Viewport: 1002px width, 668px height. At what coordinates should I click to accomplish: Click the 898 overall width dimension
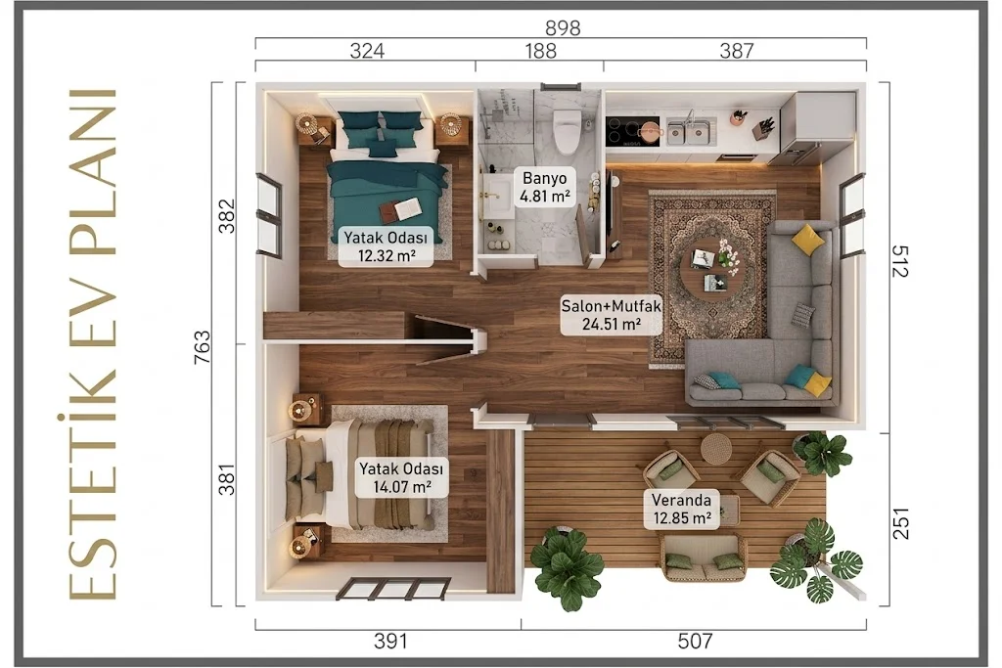pyautogui.click(x=563, y=28)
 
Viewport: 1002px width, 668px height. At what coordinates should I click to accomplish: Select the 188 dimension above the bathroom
pyautogui.click(x=540, y=51)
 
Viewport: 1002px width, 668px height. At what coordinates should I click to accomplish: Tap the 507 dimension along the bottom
pyautogui.click(x=695, y=641)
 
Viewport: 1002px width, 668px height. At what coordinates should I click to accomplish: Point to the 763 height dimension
pyautogui.click(x=202, y=347)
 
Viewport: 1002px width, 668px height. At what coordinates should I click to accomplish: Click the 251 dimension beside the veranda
pyautogui.click(x=900, y=523)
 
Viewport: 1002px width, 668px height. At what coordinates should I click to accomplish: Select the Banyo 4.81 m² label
pyautogui.click(x=544, y=187)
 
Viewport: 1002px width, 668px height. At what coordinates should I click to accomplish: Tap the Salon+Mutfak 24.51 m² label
pyautogui.click(x=611, y=315)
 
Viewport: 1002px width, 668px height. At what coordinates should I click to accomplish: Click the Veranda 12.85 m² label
pyautogui.click(x=681, y=509)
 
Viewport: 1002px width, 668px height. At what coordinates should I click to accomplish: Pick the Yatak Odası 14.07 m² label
pyautogui.click(x=400, y=477)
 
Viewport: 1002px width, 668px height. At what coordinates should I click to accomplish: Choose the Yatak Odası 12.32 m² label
pyautogui.click(x=386, y=246)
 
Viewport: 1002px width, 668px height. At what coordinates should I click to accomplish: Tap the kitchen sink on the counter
pyautogui.click(x=691, y=130)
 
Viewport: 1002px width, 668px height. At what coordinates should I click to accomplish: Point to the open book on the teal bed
pyautogui.click(x=400, y=207)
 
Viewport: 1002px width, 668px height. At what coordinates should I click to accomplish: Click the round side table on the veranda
pyautogui.click(x=715, y=449)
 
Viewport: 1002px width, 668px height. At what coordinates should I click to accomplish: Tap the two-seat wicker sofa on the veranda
pyautogui.click(x=703, y=557)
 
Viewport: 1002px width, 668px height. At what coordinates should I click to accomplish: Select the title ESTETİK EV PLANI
pyautogui.click(x=93, y=344)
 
